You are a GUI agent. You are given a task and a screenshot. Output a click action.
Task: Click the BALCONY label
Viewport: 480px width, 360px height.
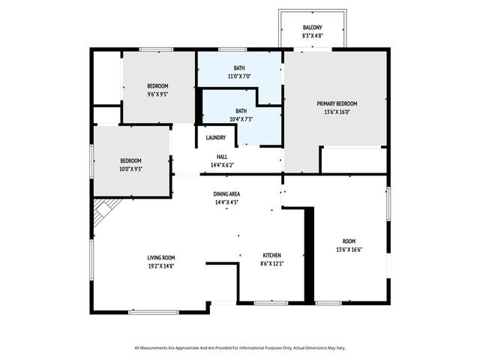pos(313,28)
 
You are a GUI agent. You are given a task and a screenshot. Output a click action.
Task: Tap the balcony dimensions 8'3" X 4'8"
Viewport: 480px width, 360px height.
pos(313,36)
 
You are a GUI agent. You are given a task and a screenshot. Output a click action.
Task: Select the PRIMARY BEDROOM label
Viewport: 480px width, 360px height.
pos(336,103)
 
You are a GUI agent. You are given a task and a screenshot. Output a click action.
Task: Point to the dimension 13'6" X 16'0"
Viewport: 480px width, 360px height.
pos(336,112)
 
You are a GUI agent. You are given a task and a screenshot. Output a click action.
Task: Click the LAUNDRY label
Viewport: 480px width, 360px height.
pos(216,137)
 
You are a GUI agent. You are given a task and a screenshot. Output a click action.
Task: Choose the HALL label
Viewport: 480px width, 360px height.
pos(222,156)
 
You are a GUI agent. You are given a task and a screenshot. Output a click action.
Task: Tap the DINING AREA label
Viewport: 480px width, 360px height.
pos(226,193)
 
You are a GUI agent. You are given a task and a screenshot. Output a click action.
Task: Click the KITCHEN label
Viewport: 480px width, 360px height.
pos(271,254)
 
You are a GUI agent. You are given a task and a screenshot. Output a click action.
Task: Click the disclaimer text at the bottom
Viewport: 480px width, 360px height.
pos(240,348)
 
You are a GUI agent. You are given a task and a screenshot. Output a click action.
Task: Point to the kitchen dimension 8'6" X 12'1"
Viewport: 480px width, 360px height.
pos(271,263)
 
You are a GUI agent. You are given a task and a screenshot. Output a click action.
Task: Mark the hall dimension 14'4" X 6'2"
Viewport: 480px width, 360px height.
pos(222,164)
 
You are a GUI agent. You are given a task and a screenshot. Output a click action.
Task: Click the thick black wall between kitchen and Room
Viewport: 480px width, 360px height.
pos(307,255)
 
